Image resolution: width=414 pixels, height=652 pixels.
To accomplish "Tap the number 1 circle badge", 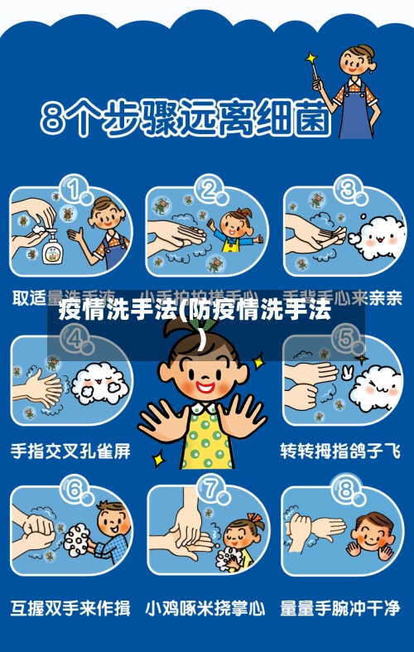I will coord(79,191).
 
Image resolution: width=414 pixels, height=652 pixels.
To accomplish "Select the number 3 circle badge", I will coord(350,191).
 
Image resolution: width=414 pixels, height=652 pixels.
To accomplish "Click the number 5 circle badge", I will coord(342,340).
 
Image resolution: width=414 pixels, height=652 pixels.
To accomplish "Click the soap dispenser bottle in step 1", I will coord(51,245).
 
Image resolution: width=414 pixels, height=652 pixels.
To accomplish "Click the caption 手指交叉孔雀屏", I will coord(70,452).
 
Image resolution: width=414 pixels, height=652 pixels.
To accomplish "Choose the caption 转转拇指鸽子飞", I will coord(340,452).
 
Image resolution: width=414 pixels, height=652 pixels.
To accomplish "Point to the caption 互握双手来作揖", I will coord(70,609).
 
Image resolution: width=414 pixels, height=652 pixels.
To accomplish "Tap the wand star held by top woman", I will coord(311,60).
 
